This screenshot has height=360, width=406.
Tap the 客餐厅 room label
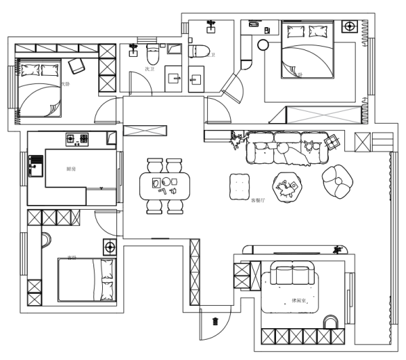coord(258,200)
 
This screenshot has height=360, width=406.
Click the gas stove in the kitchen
coord(78,139)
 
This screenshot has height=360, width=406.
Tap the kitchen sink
coord(35,164)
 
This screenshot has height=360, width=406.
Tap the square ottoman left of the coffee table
coord(241,185)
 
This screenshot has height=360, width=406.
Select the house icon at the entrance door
coord(215,320)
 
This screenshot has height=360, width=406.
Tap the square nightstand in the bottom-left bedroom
coord(109,246)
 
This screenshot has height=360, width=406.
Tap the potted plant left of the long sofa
coord(237,140)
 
